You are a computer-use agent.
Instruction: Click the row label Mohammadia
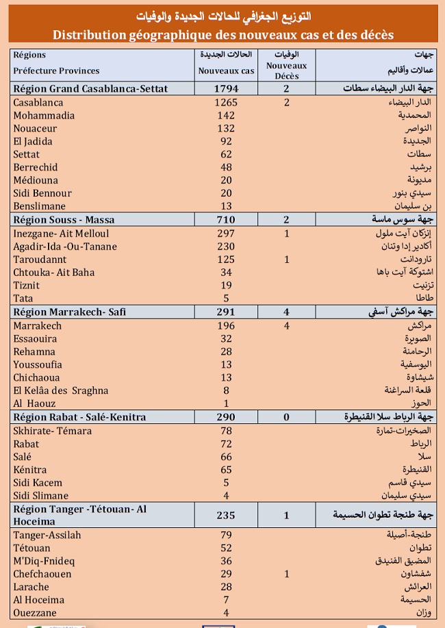point(44,116)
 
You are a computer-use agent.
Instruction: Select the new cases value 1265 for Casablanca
point(225,103)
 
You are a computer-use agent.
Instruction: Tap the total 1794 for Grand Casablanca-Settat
point(225,89)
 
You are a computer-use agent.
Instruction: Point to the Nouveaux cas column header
point(226,71)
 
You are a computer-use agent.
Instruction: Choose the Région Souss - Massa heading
point(64,220)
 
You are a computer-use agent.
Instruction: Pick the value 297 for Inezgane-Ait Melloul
point(225,234)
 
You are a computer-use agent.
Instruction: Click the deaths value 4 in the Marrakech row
point(287,326)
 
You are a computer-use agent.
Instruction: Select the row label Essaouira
point(36,338)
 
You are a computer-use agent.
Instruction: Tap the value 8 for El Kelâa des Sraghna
point(225,390)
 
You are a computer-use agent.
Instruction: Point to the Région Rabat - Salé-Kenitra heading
point(85,417)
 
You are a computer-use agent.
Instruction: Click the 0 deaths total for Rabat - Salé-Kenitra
point(287,417)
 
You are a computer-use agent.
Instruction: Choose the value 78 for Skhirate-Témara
point(225,431)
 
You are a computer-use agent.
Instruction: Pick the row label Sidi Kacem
point(40,482)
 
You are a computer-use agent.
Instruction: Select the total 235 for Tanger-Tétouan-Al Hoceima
point(225,516)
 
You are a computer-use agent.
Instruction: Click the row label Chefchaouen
point(42,574)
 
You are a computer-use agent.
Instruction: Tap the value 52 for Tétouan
point(225,548)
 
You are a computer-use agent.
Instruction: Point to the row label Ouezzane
point(35,613)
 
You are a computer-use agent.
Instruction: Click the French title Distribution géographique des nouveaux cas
point(222,35)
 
